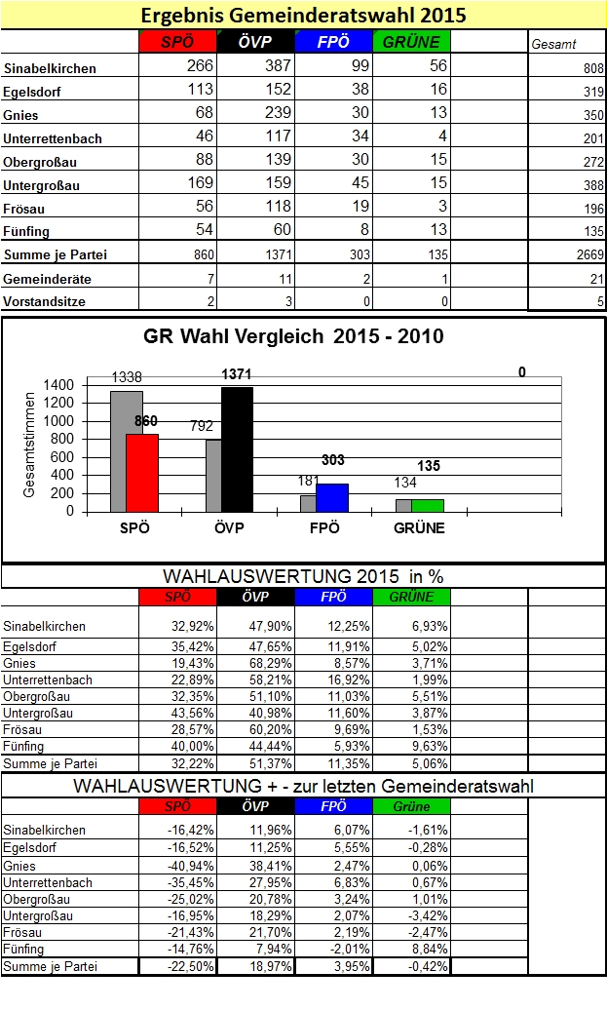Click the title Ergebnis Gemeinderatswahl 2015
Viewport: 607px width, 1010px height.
tap(303, 16)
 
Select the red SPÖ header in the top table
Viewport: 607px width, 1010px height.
tap(176, 42)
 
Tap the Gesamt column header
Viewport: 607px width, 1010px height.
tap(553, 44)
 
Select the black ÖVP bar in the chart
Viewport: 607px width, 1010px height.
tap(237, 448)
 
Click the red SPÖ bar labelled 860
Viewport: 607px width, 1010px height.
tap(142, 472)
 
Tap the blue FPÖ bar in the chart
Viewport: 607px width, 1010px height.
tap(332, 497)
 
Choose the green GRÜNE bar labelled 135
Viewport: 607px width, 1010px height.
tap(427, 505)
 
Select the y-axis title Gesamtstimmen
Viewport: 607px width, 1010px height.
tap(30, 447)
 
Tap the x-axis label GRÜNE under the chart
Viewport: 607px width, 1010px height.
tap(421, 528)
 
